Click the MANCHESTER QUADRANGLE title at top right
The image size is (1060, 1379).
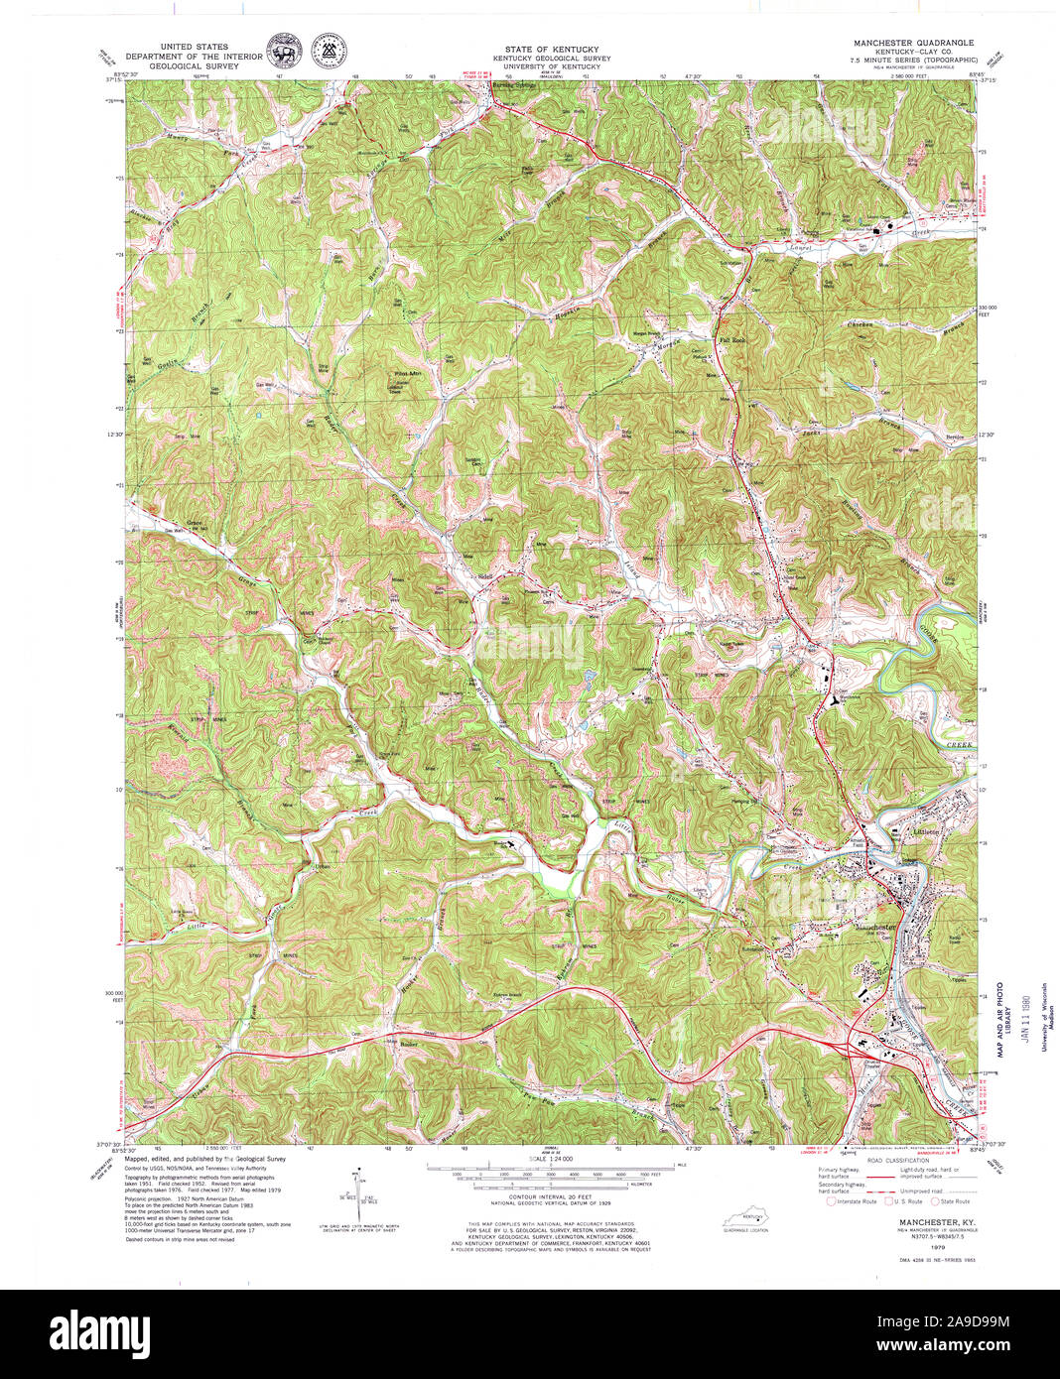913,44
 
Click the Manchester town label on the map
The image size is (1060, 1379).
873,927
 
